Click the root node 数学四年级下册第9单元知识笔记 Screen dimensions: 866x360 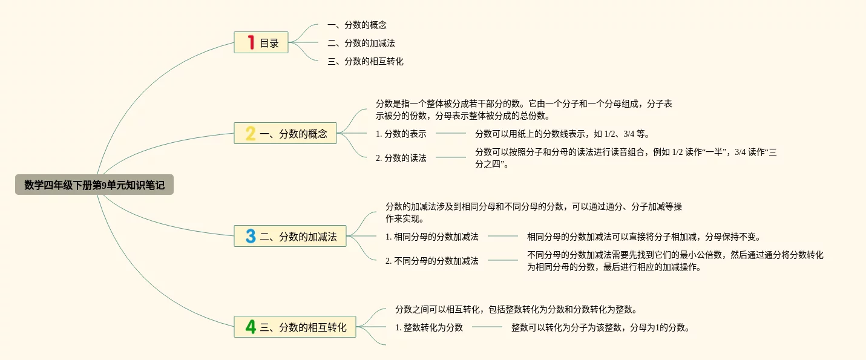(x=94, y=185)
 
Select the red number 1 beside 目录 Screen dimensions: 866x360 (x=251, y=42)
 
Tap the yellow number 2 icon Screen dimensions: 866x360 (x=251, y=133)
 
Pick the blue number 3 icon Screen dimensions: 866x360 (x=251, y=236)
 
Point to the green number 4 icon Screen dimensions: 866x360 (x=251, y=327)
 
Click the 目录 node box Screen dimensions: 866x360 (x=261, y=42)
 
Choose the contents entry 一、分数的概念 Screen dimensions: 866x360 (x=357, y=25)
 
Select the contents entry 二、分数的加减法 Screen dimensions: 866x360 (x=361, y=44)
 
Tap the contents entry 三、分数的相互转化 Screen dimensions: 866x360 (x=366, y=62)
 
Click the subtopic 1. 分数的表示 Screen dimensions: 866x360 (x=401, y=134)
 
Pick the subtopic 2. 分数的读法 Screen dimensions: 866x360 (x=401, y=158)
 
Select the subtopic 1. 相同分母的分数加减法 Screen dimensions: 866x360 (x=432, y=237)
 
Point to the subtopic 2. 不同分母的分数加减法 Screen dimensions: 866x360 (x=432, y=261)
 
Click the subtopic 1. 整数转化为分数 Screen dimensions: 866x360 (x=428, y=327)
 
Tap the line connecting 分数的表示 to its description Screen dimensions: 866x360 (x=451, y=133)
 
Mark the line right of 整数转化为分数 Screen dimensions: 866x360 (x=487, y=327)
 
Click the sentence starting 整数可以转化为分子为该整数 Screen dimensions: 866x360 (x=600, y=327)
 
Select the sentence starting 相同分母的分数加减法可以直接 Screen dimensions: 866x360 (x=644, y=237)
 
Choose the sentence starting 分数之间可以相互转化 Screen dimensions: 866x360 (x=516, y=309)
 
